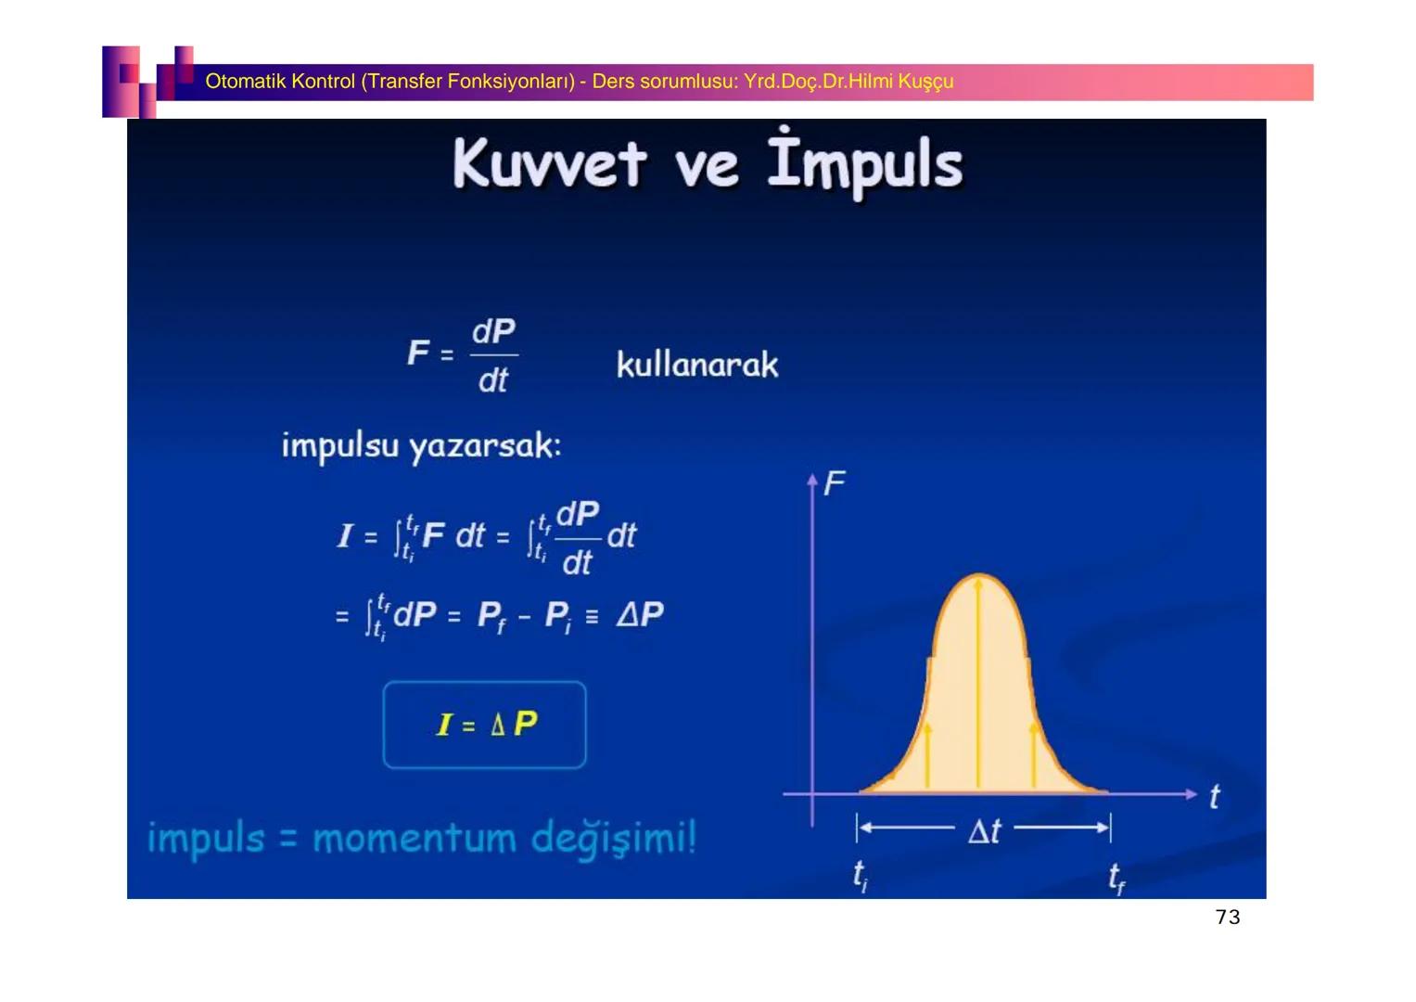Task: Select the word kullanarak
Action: (x=697, y=364)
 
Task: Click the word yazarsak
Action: (x=485, y=446)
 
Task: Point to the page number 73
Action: (x=1228, y=918)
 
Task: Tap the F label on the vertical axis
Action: (x=835, y=484)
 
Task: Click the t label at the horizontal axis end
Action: (x=1215, y=796)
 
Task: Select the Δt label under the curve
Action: (x=984, y=830)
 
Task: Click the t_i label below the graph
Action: (x=861, y=876)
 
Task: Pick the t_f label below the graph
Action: (x=1116, y=878)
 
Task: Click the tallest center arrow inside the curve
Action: (x=978, y=683)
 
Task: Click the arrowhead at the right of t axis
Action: (x=1192, y=794)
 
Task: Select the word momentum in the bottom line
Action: (x=415, y=839)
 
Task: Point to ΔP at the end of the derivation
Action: (x=640, y=613)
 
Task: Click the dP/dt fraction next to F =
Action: (x=493, y=355)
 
